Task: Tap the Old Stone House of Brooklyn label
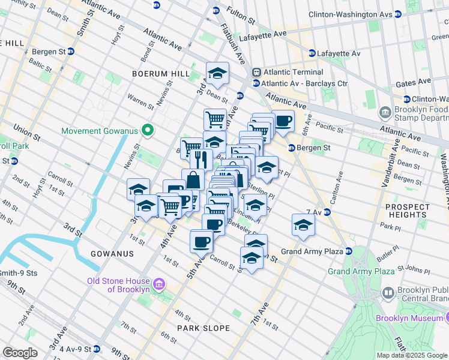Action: pyautogui.click(x=118, y=285)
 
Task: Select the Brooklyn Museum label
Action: pyautogui.click(x=412, y=318)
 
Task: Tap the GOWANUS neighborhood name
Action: pyautogui.click(x=112, y=254)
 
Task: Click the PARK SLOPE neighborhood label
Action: pyautogui.click(x=203, y=328)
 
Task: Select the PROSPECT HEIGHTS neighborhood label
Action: pyautogui.click(x=408, y=211)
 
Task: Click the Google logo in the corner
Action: pyautogui.click(x=20, y=353)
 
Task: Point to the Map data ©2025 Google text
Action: pyautogui.click(x=412, y=355)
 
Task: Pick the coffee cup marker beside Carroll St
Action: pyautogui.click(x=201, y=241)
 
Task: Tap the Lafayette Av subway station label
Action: pyautogui.click(x=334, y=53)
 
